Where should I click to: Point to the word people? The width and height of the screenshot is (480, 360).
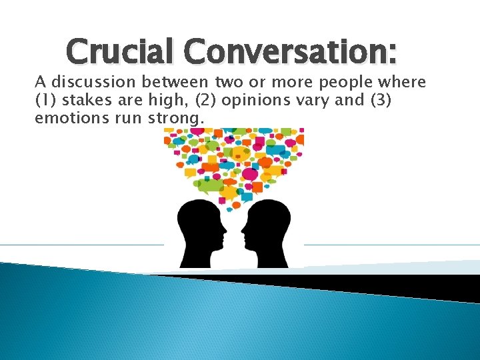coord(345,83)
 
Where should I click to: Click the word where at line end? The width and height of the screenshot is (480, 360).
coord(402,83)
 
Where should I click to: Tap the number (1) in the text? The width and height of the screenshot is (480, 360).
coord(43,101)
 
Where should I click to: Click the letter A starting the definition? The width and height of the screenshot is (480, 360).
coord(40,83)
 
